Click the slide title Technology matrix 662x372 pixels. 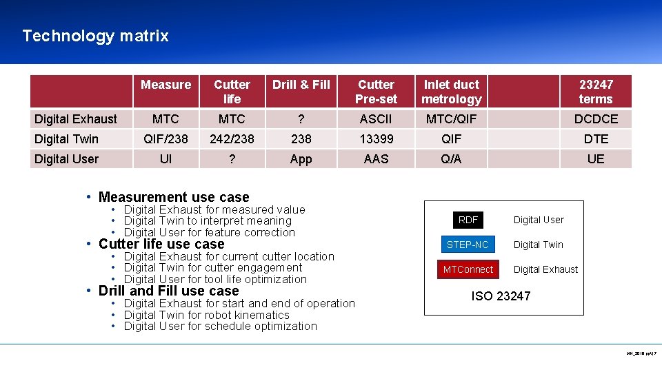[x=95, y=36]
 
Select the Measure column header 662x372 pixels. [x=165, y=85]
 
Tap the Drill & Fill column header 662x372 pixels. [x=301, y=85]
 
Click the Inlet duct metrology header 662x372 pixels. [x=451, y=92]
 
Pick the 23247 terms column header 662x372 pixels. [x=596, y=92]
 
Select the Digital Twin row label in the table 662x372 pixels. [x=67, y=139]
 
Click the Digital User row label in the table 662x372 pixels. [x=67, y=159]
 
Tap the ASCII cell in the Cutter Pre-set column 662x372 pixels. [x=376, y=119]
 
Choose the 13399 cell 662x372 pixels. [x=376, y=139]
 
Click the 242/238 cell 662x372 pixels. [x=232, y=139]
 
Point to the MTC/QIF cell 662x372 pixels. [x=451, y=119]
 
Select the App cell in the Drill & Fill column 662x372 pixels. [x=301, y=159]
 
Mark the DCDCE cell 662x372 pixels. [x=596, y=119]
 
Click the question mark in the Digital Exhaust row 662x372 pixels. [x=301, y=119]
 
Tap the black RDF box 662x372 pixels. [x=468, y=220]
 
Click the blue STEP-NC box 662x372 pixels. [x=468, y=245]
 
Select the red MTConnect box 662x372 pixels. [x=468, y=269]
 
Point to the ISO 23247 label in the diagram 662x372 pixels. [x=501, y=296]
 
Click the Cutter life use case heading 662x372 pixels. [x=161, y=245]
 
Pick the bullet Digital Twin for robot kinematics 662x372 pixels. [x=207, y=315]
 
